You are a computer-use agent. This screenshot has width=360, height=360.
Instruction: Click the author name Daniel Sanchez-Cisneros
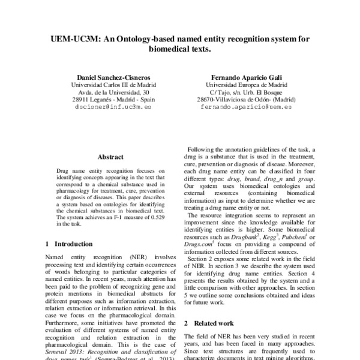[110, 77]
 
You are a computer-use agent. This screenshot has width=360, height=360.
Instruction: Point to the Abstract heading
[110, 157]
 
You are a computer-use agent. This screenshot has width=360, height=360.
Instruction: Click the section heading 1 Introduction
[69, 244]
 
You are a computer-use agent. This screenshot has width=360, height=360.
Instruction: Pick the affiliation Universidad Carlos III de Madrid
[110, 85]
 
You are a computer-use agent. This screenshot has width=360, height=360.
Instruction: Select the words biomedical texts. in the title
[180, 50]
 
